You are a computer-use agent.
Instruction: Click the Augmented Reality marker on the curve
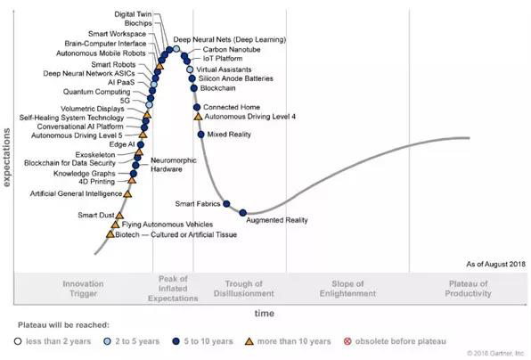point(243,212)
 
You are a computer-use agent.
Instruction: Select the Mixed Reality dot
point(200,134)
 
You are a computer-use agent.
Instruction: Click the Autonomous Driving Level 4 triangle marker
point(197,117)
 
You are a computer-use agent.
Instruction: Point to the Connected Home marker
point(196,107)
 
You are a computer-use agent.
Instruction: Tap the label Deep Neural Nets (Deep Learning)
point(229,40)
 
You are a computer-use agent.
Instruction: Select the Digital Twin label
point(133,15)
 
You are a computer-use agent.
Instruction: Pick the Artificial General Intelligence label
point(75,193)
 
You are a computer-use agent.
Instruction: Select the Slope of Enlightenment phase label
point(343,290)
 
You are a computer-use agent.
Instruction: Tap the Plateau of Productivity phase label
point(469,290)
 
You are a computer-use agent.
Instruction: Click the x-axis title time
point(265,314)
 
